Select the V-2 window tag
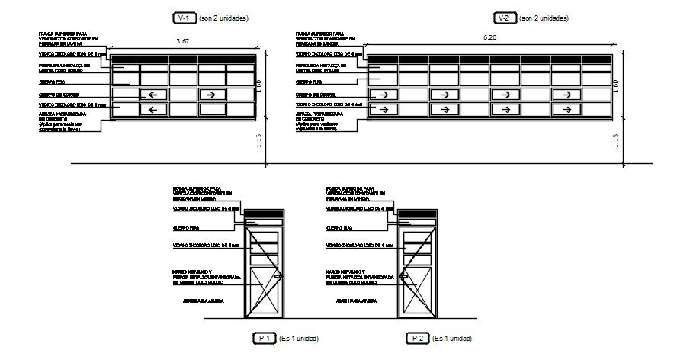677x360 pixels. tap(503, 17)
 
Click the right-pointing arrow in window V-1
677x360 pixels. tap(212, 95)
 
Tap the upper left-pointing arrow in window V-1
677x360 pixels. tap(153, 95)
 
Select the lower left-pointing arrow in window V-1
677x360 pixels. tap(153, 110)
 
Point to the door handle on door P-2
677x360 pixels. tap(403, 276)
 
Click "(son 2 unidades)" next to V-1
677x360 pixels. tap(224, 17)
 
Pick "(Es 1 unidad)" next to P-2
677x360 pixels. tap(452, 338)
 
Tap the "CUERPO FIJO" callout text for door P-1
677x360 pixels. tap(186, 227)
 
